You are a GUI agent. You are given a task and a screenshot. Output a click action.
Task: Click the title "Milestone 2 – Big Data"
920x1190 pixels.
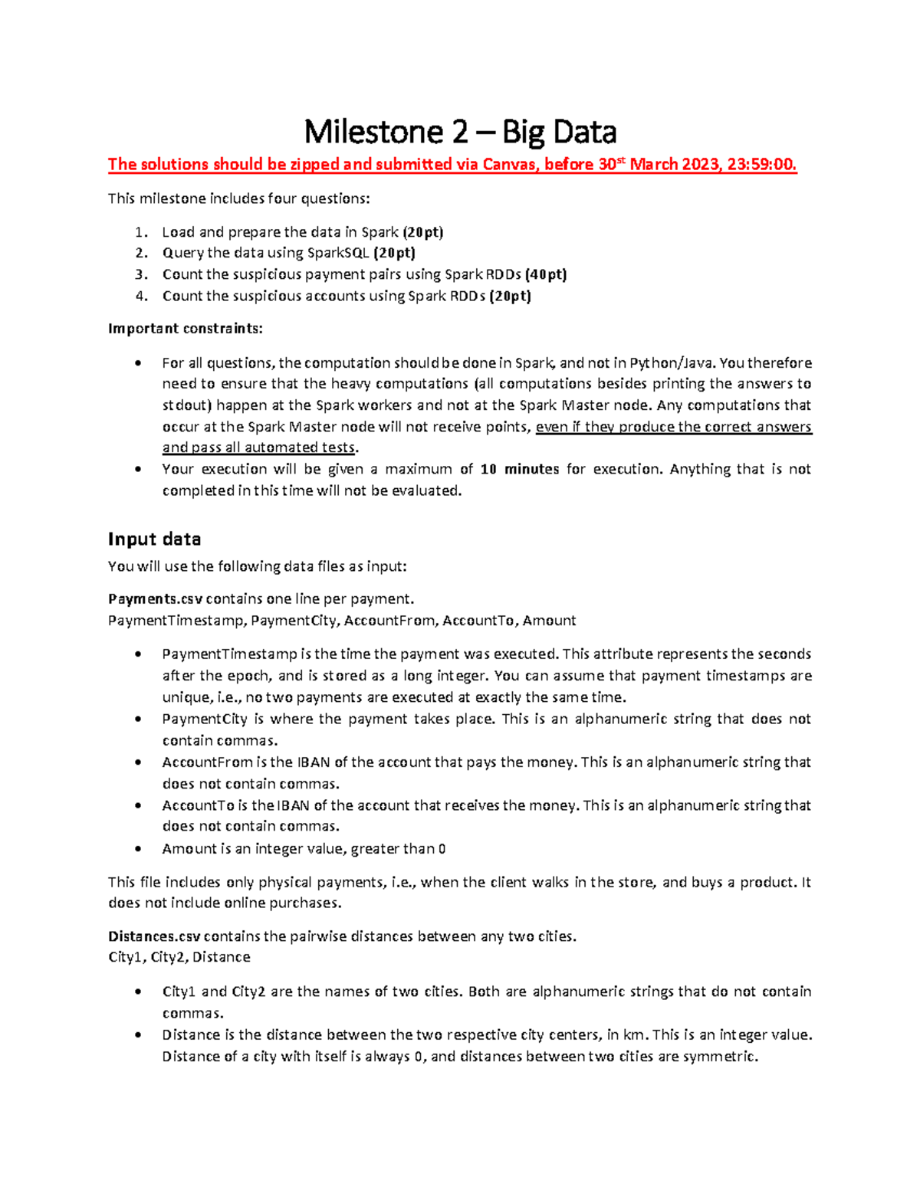tap(460, 133)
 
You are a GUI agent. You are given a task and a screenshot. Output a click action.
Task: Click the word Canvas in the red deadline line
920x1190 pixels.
tap(508, 165)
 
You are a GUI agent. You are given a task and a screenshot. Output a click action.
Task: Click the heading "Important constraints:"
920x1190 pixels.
tap(185, 329)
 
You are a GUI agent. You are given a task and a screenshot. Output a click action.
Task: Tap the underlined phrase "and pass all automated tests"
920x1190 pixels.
tap(258, 447)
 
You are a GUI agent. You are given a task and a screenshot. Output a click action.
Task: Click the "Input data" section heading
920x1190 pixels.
tap(154, 539)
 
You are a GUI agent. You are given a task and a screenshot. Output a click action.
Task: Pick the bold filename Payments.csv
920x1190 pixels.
tap(155, 599)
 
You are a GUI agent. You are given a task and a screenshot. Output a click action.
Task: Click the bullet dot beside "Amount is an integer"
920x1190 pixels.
tap(138, 849)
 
